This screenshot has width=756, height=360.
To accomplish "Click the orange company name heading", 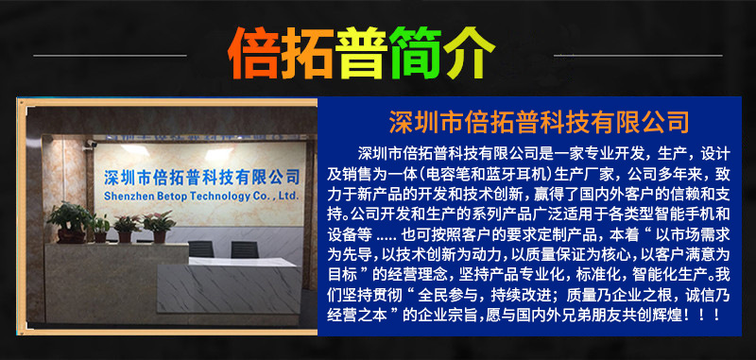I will click(539, 123).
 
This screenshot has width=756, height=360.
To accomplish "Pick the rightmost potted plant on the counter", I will click(159, 225).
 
